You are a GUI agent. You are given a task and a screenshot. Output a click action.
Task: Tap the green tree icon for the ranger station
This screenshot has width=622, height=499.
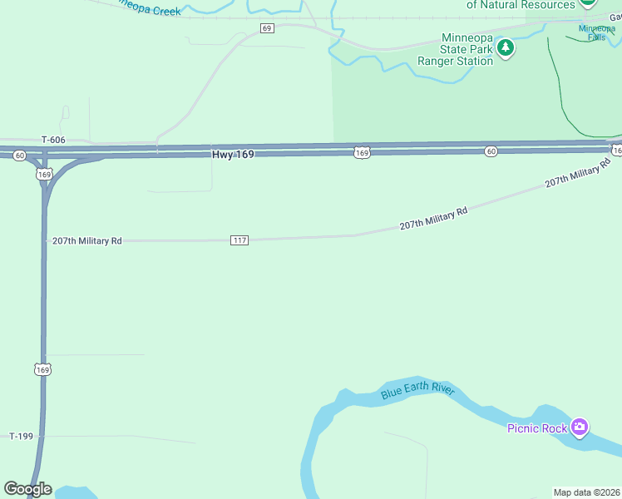click(x=506, y=48)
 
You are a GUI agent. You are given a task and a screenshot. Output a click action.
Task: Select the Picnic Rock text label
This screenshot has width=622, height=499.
click(x=537, y=428)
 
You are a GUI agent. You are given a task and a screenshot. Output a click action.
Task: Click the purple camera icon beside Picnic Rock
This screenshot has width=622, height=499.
click(x=580, y=428)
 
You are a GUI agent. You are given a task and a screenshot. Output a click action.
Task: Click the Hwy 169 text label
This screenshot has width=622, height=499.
click(x=233, y=154)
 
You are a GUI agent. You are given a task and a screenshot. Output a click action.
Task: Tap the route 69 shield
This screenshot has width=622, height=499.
click(x=267, y=28)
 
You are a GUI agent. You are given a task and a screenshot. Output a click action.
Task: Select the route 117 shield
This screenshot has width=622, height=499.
click(x=239, y=240)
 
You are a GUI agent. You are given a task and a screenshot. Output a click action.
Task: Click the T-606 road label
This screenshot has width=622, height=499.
click(x=53, y=141)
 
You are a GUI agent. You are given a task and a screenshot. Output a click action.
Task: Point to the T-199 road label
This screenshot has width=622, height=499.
click(x=22, y=436)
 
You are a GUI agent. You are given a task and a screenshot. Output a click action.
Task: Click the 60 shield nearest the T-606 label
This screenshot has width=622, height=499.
click(x=19, y=156)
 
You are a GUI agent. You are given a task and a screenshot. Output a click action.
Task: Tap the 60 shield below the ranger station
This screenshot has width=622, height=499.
click(x=491, y=151)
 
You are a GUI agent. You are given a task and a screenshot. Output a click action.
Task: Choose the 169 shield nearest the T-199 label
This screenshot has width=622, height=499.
click(x=43, y=368)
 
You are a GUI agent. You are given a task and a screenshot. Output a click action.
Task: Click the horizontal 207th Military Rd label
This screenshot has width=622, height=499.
click(x=87, y=240)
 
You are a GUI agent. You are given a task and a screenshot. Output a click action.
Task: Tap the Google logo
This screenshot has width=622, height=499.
click(x=27, y=489)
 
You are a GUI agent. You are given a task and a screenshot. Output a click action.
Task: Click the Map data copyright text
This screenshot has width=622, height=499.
click(x=586, y=492)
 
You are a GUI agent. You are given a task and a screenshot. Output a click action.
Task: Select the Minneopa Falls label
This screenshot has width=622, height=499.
click(x=597, y=32)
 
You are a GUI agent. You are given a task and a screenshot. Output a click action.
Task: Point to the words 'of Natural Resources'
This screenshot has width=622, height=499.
click(x=521, y=5)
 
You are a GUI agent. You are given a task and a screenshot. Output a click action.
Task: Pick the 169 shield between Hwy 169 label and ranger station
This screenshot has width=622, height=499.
click(x=361, y=152)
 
